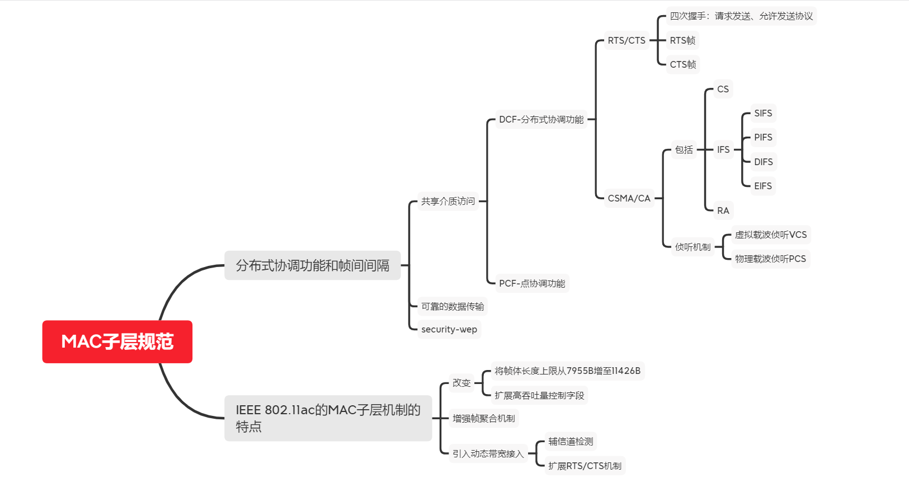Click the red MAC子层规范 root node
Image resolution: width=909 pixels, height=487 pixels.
point(117,341)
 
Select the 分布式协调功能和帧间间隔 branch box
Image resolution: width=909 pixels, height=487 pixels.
point(312,265)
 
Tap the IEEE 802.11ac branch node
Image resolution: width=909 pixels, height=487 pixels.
point(328,418)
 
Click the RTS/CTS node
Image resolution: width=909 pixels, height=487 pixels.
point(626,40)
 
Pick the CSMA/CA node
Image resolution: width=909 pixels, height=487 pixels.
point(629,198)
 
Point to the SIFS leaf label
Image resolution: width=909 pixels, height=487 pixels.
point(762,113)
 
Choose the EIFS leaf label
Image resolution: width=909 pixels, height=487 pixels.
point(762,186)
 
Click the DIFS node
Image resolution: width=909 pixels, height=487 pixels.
point(763,162)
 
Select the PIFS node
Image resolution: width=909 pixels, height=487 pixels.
point(763,137)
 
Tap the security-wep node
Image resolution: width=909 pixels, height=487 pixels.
point(449,329)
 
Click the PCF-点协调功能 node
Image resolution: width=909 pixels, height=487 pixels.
point(531,283)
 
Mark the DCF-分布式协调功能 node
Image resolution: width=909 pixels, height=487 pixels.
point(541,119)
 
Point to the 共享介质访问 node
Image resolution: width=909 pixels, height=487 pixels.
point(448,201)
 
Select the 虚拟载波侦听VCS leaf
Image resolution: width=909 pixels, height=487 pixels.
point(770,235)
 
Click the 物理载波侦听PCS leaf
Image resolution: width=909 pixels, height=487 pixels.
point(770,259)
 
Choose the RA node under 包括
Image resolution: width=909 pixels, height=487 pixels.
point(723,210)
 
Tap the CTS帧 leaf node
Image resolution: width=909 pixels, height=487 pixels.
point(682,64)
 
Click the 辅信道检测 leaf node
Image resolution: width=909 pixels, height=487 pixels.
point(570,441)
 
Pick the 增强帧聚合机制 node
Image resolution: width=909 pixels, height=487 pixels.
point(483,418)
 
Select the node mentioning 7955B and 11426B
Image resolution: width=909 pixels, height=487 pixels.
point(567,371)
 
